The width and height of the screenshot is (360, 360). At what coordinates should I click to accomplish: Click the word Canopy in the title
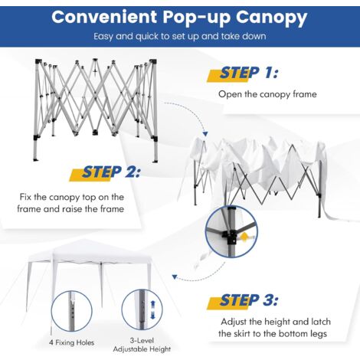click(x=271, y=18)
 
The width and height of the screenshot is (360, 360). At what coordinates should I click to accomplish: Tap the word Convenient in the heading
click(x=104, y=17)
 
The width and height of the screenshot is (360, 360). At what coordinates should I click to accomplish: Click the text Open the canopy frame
click(x=267, y=94)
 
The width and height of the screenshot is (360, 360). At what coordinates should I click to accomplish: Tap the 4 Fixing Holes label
click(x=71, y=342)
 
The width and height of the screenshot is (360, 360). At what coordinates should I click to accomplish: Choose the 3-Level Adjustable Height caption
click(x=142, y=345)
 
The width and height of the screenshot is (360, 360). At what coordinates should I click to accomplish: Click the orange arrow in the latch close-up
click(x=245, y=237)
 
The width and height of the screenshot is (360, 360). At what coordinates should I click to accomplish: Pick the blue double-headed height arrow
click(x=152, y=309)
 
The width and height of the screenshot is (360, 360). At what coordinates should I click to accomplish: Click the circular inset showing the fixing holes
click(x=71, y=311)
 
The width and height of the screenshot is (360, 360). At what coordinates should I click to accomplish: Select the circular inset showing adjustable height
click(x=142, y=309)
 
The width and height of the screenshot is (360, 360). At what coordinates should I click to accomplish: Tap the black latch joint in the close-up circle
click(x=229, y=236)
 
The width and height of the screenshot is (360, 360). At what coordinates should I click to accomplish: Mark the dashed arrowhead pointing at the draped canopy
click(x=205, y=134)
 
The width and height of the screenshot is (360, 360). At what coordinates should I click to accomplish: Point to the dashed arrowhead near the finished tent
click(x=175, y=277)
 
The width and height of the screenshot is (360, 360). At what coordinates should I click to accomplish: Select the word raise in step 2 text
click(x=73, y=209)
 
